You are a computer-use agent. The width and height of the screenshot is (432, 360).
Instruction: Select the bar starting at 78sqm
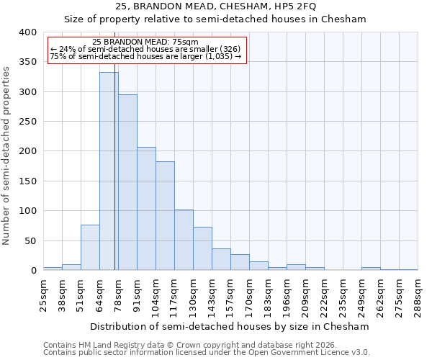[x=127, y=183]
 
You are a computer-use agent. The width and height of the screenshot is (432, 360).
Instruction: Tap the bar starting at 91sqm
[x=146, y=209]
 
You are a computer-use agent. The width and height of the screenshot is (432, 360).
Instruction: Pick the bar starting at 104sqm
[x=165, y=216]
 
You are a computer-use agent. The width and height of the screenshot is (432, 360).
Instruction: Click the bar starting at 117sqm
[x=184, y=240]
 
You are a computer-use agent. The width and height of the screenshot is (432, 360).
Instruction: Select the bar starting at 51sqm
[x=90, y=248]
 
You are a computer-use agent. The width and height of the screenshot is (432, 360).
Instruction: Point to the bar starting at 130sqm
[x=202, y=249]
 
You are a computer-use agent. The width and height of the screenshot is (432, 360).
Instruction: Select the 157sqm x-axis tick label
[x=230, y=295]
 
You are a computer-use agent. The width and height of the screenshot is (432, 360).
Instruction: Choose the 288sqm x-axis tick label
[x=418, y=295]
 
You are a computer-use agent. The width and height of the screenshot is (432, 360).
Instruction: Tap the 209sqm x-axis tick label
[x=305, y=295]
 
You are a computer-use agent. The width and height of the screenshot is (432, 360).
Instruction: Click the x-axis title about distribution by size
[x=230, y=326]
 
